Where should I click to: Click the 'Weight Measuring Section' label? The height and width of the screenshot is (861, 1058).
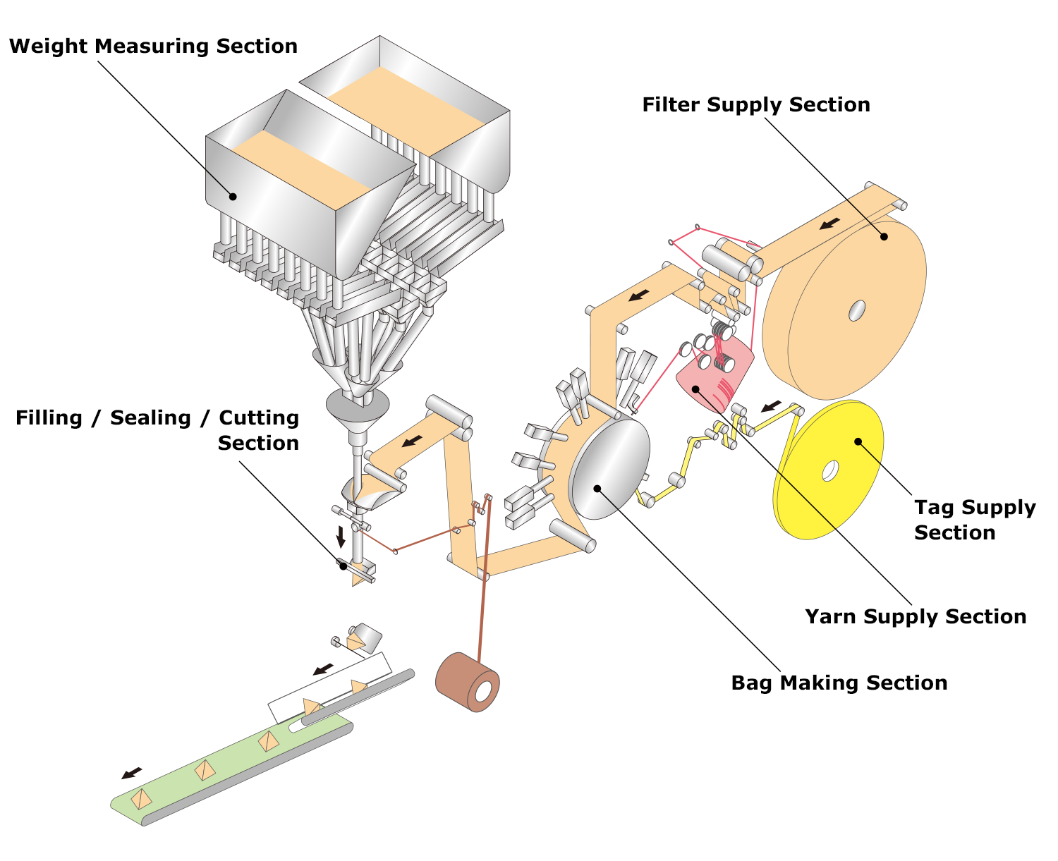[153, 47]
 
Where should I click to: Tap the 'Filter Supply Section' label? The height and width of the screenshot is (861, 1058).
[755, 105]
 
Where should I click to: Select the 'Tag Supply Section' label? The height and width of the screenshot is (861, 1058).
[975, 520]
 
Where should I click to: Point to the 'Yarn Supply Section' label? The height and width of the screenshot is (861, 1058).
[916, 617]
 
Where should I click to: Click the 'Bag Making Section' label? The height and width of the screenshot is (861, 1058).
[839, 683]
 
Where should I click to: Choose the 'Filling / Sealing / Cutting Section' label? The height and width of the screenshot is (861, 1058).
[157, 430]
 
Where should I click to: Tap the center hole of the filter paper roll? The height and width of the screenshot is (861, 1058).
[856, 310]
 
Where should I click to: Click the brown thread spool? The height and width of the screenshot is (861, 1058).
[468, 682]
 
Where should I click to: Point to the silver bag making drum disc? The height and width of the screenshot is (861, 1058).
[609, 468]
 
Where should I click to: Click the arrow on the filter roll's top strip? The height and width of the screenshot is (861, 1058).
[830, 224]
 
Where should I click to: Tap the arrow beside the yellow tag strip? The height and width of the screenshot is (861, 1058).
[772, 406]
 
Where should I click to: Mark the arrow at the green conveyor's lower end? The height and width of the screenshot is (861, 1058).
[131, 774]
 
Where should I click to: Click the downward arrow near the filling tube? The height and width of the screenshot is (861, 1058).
[341, 536]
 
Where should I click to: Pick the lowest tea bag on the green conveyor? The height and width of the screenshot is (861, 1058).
[142, 799]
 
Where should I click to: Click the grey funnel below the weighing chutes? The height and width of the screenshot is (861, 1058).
[357, 406]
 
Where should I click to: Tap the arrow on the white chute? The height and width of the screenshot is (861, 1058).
[324, 667]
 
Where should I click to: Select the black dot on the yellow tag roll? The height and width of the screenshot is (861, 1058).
[858, 442]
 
